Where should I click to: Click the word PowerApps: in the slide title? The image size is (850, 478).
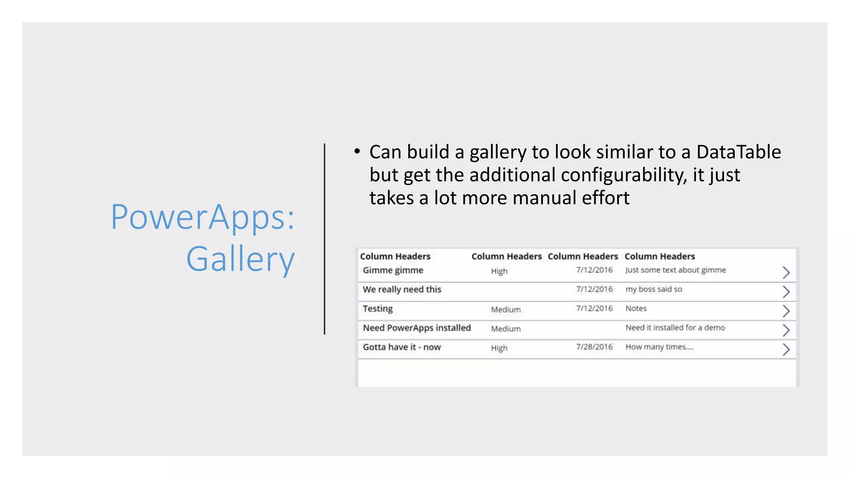click(x=203, y=217)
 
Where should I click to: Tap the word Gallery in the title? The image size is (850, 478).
click(x=240, y=259)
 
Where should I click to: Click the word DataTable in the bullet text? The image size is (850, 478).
click(x=738, y=152)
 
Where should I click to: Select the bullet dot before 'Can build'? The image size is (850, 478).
click(x=357, y=151)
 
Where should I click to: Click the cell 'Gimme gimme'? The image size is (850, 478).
click(x=393, y=271)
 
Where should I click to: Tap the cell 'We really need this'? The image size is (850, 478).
click(x=402, y=290)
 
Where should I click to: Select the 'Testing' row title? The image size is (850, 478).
click(x=378, y=309)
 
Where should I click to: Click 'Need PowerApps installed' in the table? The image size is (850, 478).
click(x=417, y=328)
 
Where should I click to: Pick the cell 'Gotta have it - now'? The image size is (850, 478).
click(x=401, y=347)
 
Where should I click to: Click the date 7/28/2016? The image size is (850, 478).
click(x=594, y=347)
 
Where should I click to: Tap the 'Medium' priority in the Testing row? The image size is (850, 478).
click(x=506, y=310)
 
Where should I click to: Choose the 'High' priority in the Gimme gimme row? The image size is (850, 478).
click(x=499, y=271)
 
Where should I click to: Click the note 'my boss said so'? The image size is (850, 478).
click(x=654, y=289)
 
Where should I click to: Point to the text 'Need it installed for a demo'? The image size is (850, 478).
click(x=675, y=328)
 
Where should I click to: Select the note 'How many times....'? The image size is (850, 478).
click(x=659, y=347)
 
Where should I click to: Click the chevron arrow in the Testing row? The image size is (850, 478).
click(x=786, y=311)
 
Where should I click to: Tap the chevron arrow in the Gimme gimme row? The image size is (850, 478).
click(x=786, y=273)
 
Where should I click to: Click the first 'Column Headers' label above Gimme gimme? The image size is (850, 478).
click(x=395, y=256)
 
